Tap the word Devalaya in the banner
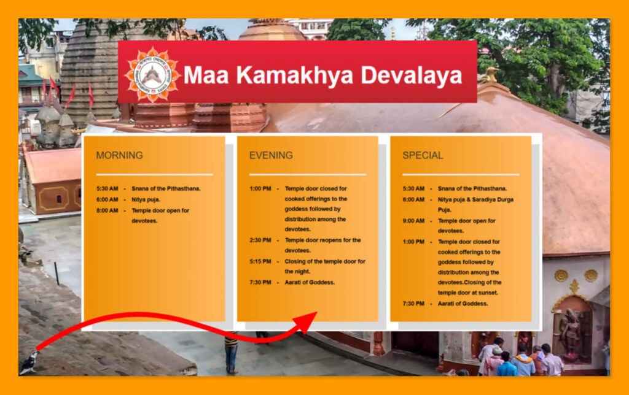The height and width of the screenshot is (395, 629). pyautogui.click(x=411, y=75)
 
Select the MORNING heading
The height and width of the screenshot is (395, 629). pyautogui.click(x=119, y=155)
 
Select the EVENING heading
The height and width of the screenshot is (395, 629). pyautogui.click(x=271, y=155)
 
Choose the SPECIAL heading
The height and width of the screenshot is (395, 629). pyautogui.click(x=423, y=155)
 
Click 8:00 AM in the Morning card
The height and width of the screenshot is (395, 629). pyautogui.click(x=107, y=210)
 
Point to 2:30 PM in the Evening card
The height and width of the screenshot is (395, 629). pyautogui.click(x=260, y=240)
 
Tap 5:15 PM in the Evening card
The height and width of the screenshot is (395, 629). pyautogui.click(x=260, y=261)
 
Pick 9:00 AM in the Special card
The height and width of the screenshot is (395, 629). pyautogui.click(x=413, y=221)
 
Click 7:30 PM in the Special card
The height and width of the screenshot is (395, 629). pyautogui.click(x=413, y=304)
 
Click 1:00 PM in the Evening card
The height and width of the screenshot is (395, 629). pyautogui.click(x=260, y=189)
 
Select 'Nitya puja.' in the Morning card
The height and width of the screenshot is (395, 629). pyautogui.click(x=146, y=199)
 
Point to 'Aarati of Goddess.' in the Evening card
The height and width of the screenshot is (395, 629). pyautogui.click(x=310, y=282)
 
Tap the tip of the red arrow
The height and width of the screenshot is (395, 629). pyautogui.click(x=316, y=313)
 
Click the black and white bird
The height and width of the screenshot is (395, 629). pyautogui.click(x=28, y=363)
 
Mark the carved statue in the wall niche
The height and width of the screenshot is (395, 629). pyautogui.click(x=571, y=334)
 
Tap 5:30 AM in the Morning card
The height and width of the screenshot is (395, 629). pyautogui.click(x=107, y=189)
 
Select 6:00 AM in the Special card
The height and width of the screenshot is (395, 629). pyautogui.click(x=413, y=199)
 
